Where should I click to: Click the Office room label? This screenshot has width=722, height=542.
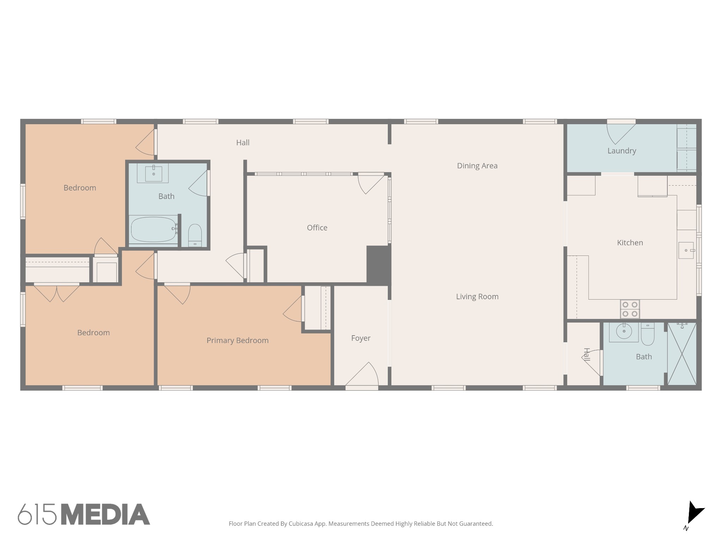point(317,228)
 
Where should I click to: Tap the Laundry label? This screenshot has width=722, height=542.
point(622,151)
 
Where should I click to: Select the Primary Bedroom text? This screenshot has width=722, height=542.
point(237,341)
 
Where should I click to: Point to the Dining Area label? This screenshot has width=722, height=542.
point(477,166)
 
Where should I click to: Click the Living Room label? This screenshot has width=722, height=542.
point(477,297)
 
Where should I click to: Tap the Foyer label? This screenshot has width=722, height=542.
point(361,338)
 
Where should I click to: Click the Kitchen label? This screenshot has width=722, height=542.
point(630,243)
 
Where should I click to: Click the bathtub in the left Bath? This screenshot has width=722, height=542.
point(153,229)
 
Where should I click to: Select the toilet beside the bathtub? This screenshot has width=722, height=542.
point(195,234)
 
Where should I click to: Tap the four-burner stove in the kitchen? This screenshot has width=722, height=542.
point(630,309)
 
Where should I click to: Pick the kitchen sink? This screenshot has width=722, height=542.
point(686,250)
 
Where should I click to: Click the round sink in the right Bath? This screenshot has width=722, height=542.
point(624,331)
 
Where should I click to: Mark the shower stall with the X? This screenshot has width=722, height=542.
point(682,354)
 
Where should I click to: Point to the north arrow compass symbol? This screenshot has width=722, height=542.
point(694,514)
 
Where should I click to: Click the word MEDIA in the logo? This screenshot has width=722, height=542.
point(105,514)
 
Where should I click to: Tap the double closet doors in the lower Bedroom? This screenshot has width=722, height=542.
point(56,293)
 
